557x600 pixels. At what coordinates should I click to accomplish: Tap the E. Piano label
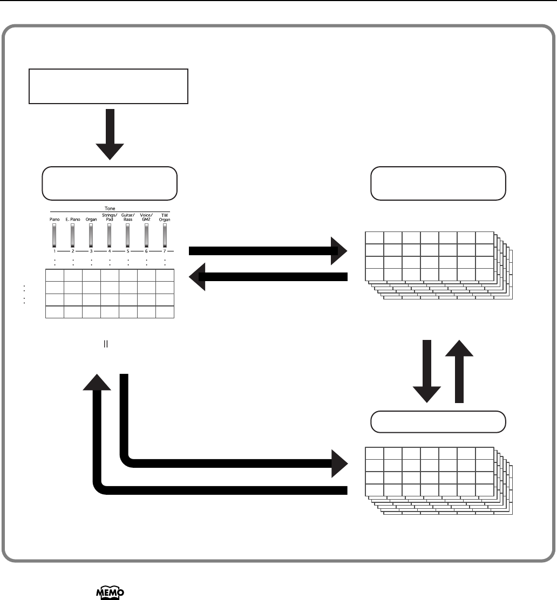click(72, 220)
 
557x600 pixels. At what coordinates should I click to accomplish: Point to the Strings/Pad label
click(110, 218)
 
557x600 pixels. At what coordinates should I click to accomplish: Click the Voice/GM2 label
click(146, 218)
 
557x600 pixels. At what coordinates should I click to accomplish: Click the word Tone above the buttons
click(110, 207)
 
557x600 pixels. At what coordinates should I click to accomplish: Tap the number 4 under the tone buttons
click(110, 251)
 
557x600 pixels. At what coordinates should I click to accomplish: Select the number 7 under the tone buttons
click(165, 251)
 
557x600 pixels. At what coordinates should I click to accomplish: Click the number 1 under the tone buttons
click(54, 251)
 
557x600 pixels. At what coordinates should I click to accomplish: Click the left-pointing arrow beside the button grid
click(270, 277)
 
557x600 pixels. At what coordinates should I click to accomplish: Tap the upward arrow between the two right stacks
click(459, 372)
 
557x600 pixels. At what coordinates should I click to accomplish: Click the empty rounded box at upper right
click(438, 183)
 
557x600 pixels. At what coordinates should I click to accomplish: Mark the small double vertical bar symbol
click(106, 343)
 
